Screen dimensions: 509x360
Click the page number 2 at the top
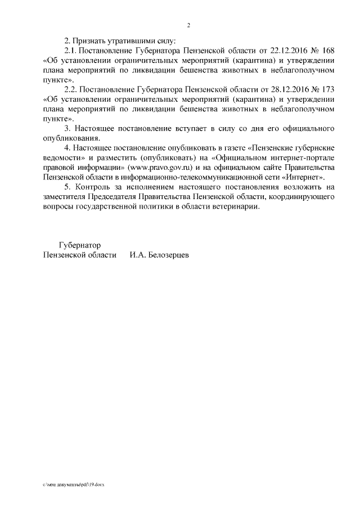(189, 25)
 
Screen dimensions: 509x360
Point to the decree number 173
(328, 89)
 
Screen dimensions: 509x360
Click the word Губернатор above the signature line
(79, 245)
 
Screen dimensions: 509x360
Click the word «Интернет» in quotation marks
(304, 177)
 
